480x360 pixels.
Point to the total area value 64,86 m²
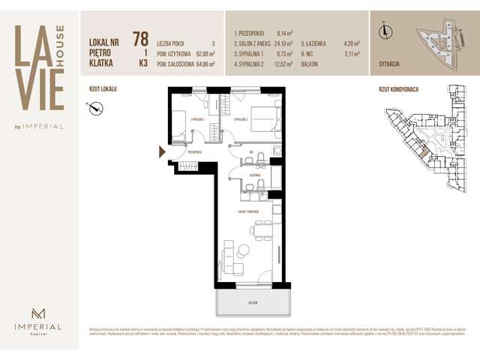202,64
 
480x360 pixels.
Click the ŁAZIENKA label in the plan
254,175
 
